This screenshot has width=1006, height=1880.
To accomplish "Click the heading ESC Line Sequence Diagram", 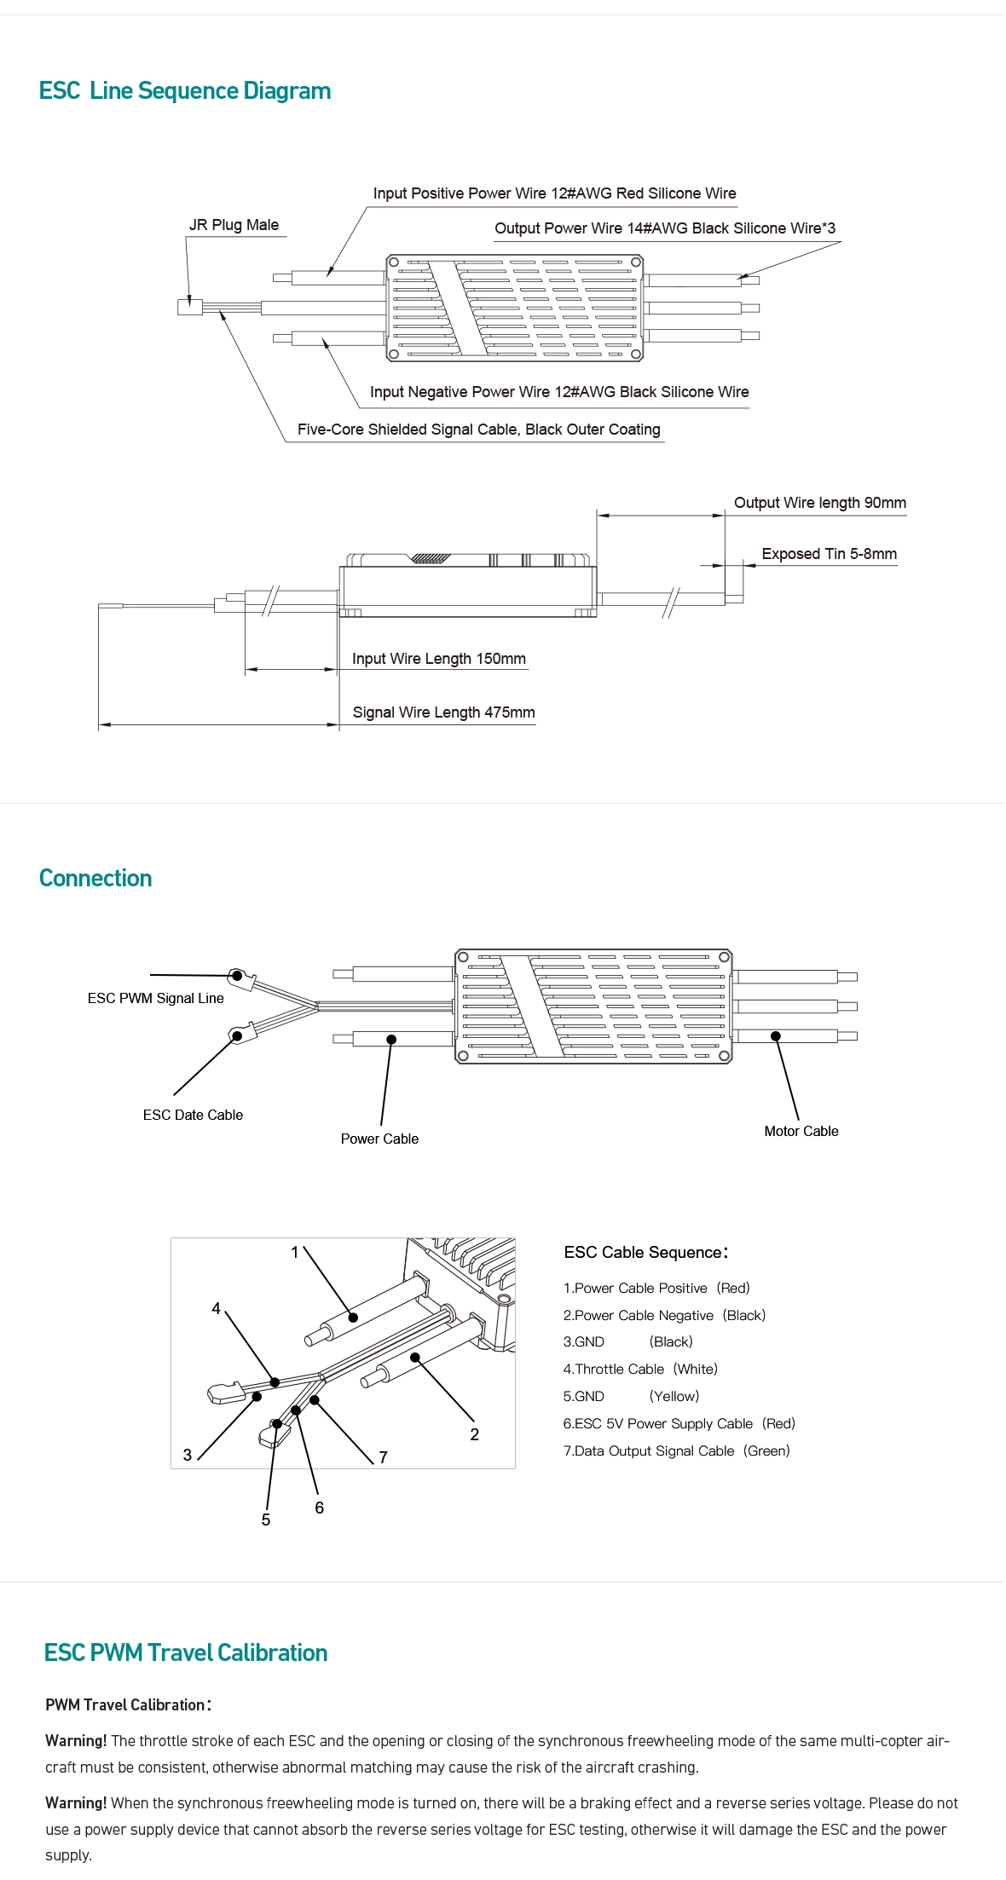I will pos(185,91).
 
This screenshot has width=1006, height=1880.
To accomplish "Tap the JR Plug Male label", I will pos(234,225).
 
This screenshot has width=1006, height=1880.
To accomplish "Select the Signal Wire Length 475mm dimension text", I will pos(443,712).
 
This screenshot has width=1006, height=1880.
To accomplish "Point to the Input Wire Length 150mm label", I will pos(438,659).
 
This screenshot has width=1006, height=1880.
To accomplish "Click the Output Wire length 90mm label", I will pos(819,503).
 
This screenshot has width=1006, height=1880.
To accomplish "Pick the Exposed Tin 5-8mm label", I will pos(829,554).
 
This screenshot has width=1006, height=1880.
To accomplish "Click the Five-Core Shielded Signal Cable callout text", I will pos(478,430).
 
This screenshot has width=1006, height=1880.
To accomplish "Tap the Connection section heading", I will pos(95,879).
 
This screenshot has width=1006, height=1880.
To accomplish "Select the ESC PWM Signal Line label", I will pos(155,998).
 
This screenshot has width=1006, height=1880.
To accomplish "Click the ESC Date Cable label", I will pos(193,1115).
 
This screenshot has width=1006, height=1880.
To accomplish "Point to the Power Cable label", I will pos(379,1139).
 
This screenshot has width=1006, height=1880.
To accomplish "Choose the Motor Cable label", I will pos(801,1131).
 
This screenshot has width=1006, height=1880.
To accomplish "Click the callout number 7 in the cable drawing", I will pos(384,1457).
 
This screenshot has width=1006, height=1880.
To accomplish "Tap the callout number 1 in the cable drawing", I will pos(295,1252).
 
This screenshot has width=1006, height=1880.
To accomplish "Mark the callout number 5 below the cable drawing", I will pos(266,1520).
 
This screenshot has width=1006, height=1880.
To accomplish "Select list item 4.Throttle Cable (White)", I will pos(639,1369).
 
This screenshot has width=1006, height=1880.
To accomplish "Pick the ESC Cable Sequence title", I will pos(645,1252).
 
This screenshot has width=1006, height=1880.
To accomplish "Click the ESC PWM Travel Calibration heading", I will pos(185,1653).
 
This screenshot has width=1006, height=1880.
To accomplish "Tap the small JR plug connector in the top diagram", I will pos(189,307).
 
